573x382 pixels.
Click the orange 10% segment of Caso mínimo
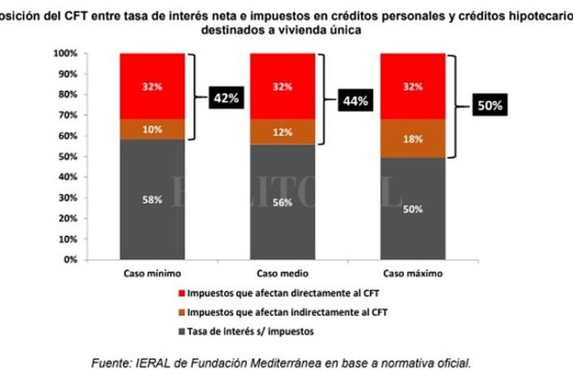point(152,129)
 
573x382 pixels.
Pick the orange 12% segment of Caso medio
point(282,132)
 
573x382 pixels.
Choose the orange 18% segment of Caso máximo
point(412,138)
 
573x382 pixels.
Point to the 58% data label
point(152,200)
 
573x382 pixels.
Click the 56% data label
point(282,202)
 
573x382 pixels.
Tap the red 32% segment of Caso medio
point(282,86)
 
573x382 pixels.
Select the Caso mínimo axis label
point(152,273)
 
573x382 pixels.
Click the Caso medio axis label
point(282,273)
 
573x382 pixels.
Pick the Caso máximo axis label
point(412,273)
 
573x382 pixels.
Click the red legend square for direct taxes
point(182,293)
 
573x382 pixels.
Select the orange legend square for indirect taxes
point(182,312)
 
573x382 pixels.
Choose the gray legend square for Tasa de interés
point(182,331)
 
